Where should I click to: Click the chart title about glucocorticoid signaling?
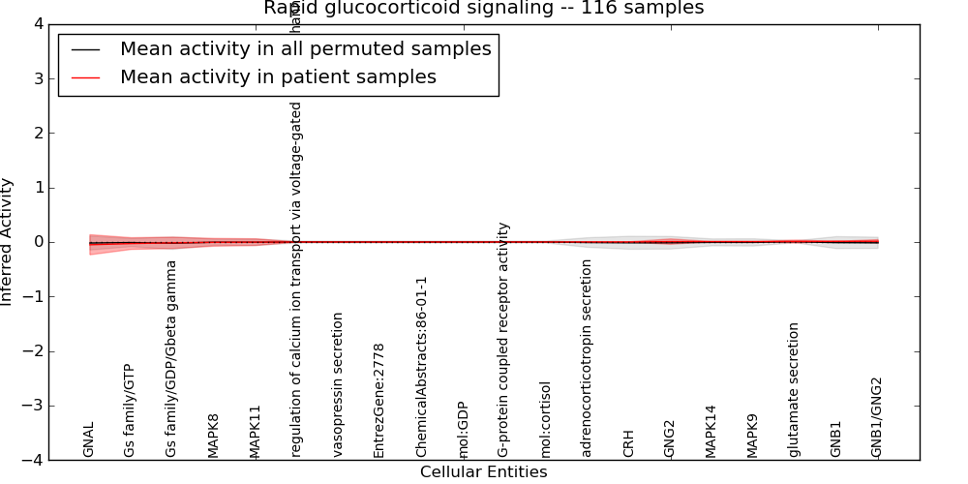coord(483,9)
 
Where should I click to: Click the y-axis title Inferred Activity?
coord(8,242)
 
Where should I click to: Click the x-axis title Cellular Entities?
coord(483,472)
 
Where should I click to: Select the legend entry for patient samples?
coord(278,76)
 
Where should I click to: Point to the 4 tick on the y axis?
coord(37,24)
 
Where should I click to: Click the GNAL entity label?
coord(89,439)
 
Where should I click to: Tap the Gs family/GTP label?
coord(130,410)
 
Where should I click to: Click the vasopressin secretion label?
coord(338,384)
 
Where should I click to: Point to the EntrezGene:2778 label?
coord(379,400)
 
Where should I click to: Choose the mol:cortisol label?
coord(546,419)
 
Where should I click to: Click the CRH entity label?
coord(629,443)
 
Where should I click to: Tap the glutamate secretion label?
coord(795,389)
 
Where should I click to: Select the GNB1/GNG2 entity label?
coord(877,417)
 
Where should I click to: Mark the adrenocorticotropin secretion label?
coord(588,357)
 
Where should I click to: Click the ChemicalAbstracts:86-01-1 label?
coord(421,367)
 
